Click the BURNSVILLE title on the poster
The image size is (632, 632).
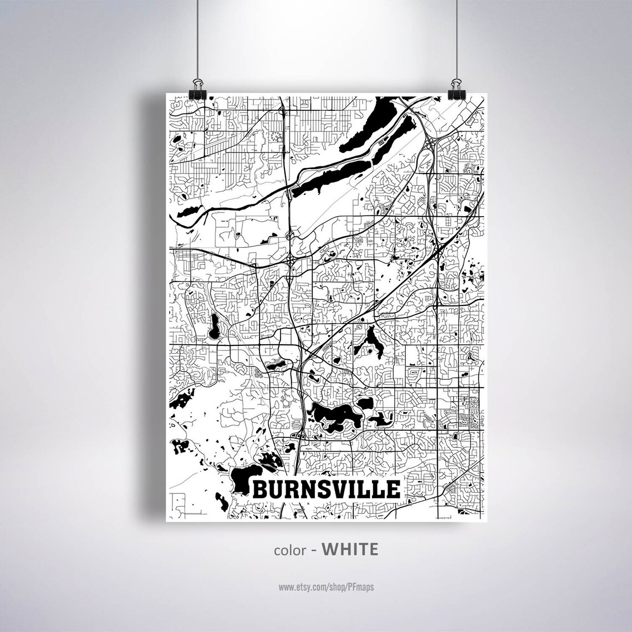327,490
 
